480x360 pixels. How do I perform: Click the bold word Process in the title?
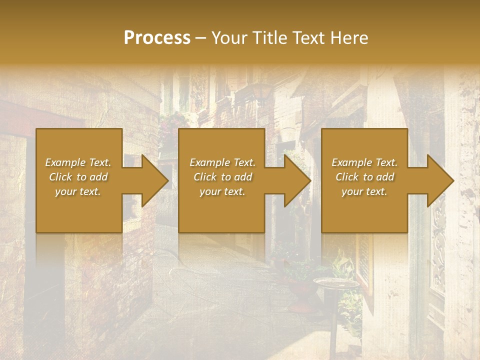[157, 38]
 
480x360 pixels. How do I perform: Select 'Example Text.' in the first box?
[78, 162]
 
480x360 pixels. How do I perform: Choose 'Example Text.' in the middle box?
[222, 162]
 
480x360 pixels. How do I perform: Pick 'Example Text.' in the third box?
[364, 162]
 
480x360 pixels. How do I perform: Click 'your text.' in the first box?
[78, 191]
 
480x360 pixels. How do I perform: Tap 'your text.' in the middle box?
[222, 191]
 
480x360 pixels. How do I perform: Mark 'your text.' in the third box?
[364, 191]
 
